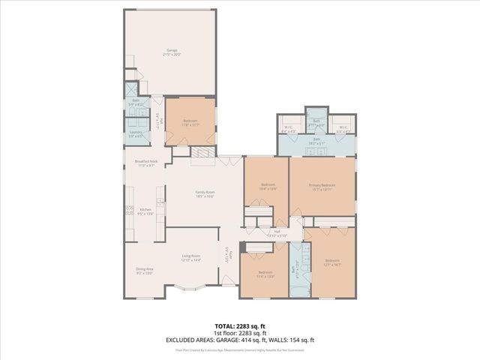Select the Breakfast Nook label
pyautogui.click(x=146, y=163)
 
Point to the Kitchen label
pyautogui.click(x=146, y=211)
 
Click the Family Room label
pyautogui.click(x=205, y=194)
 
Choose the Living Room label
pyautogui.click(x=190, y=257)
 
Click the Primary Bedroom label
pyautogui.click(x=322, y=187)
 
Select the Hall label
pyautogui.click(x=277, y=233)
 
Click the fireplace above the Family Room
pyautogui.click(x=202, y=152)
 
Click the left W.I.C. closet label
pyautogui.click(x=289, y=129)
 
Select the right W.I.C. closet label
pyautogui.click(x=342, y=129)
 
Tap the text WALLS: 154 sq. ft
pyautogui.click(x=292, y=340)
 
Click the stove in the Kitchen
pyautogui.click(x=129, y=211)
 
